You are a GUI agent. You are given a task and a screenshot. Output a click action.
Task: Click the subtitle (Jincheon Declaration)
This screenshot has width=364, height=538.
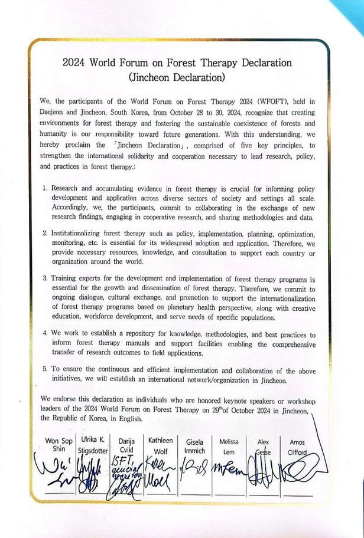[x=181, y=76]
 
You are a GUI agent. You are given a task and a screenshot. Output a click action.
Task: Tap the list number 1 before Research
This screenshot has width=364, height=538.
[x=45, y=188]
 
